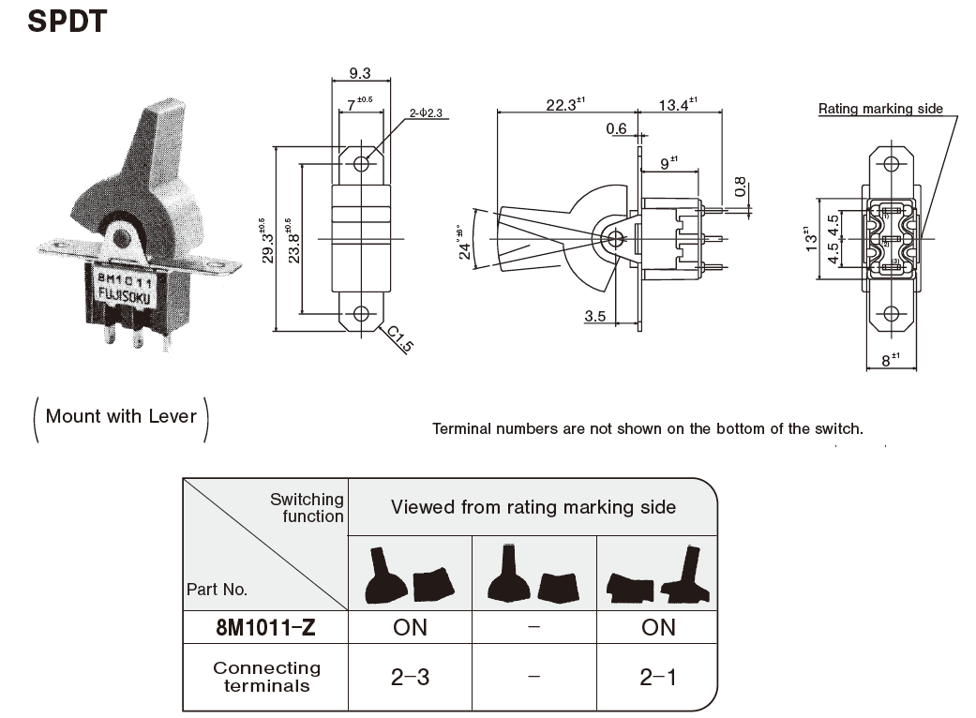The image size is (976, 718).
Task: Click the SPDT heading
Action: [x=67, y=22]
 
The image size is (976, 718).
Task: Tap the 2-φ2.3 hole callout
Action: [x=430, y=113]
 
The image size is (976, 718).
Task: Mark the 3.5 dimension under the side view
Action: [x=594, y=316]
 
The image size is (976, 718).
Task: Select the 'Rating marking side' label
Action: [x=880, y=109]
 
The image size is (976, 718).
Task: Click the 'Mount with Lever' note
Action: [x=121, y=416]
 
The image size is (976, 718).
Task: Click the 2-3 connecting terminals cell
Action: [x=410, y=677]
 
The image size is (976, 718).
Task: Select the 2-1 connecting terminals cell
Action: [x=657, y=677]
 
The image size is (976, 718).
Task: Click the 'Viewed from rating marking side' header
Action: [x=533, y=507]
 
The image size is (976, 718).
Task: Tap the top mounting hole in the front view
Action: [x=361, y=164]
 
